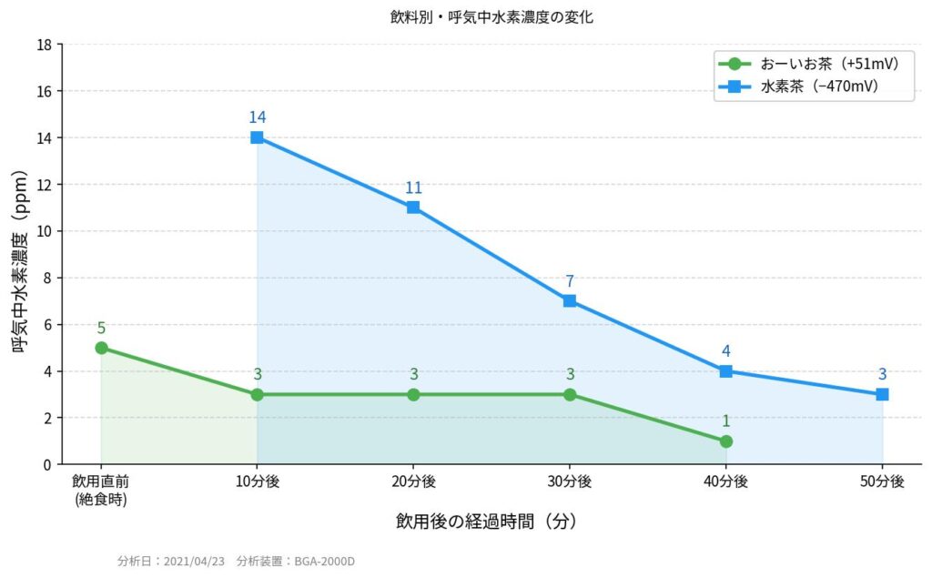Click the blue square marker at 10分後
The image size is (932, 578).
(x=257, y=137)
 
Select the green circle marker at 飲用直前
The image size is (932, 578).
(x=101, y=348)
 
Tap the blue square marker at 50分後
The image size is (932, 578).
(x=882, y=394)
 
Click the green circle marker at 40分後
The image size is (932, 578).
(x=725, y=441)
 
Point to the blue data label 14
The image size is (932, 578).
(x=257, y=117)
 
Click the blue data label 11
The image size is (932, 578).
(x=413, y=188)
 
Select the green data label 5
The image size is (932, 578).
(x=101, y=328)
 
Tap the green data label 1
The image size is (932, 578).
(x=725, y=421)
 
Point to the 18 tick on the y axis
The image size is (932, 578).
(x=45, y=45)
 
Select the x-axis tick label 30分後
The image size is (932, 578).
(x=570, y=482)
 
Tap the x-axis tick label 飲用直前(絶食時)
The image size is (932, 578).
(x=101, y=489)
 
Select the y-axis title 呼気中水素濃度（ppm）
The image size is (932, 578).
(x=18, y=254)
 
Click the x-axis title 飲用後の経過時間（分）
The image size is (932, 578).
(x=486, y=522)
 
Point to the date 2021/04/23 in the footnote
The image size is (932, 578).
(x=193, y=561)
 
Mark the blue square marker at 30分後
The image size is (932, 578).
(x=570, y=300)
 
